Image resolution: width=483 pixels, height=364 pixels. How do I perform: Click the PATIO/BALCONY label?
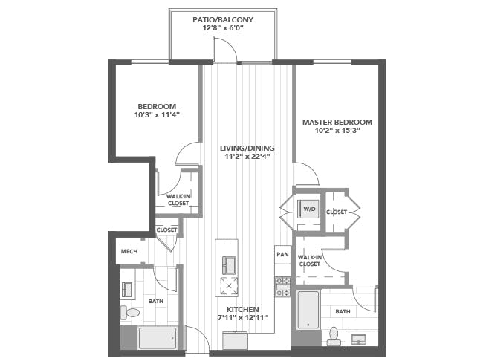(x=223, y=20)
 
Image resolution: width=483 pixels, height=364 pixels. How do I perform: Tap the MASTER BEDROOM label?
(x=337, y=123)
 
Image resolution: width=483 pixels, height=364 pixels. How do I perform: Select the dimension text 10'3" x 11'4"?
(x=157, y=115)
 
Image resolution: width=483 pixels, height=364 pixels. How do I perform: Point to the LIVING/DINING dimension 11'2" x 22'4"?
(x=247, y=157)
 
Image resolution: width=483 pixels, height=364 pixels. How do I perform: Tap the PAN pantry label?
(x=282, y=254)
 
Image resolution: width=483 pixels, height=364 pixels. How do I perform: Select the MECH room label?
(x=129, y=252)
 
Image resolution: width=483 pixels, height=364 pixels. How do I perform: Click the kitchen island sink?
(x=229, y=265)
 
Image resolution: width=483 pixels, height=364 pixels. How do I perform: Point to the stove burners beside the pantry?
(x=282, y=287)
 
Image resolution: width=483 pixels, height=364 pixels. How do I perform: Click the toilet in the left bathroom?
(x=130, y=313)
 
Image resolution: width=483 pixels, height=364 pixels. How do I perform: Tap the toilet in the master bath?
(x=334, y=337)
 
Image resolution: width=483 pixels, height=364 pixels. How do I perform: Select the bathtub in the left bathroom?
(x=158, y=338)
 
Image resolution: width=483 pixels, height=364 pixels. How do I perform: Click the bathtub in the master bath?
(x=308, y=310)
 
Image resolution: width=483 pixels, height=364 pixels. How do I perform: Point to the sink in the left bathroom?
(x=127, y=290)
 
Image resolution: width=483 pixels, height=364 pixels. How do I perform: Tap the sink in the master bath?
(x=359, y=339)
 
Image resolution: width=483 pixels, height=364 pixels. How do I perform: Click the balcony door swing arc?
(x=230, y=45)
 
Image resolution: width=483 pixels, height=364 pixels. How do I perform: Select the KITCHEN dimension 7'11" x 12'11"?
(x=242, y=318)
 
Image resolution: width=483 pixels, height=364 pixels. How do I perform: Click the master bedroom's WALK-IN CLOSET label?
(x=310, y=261)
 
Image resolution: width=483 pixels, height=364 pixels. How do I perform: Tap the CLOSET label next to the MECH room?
(x=166, y=230)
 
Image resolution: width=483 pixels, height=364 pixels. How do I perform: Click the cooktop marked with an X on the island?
(x=229, y=286)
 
